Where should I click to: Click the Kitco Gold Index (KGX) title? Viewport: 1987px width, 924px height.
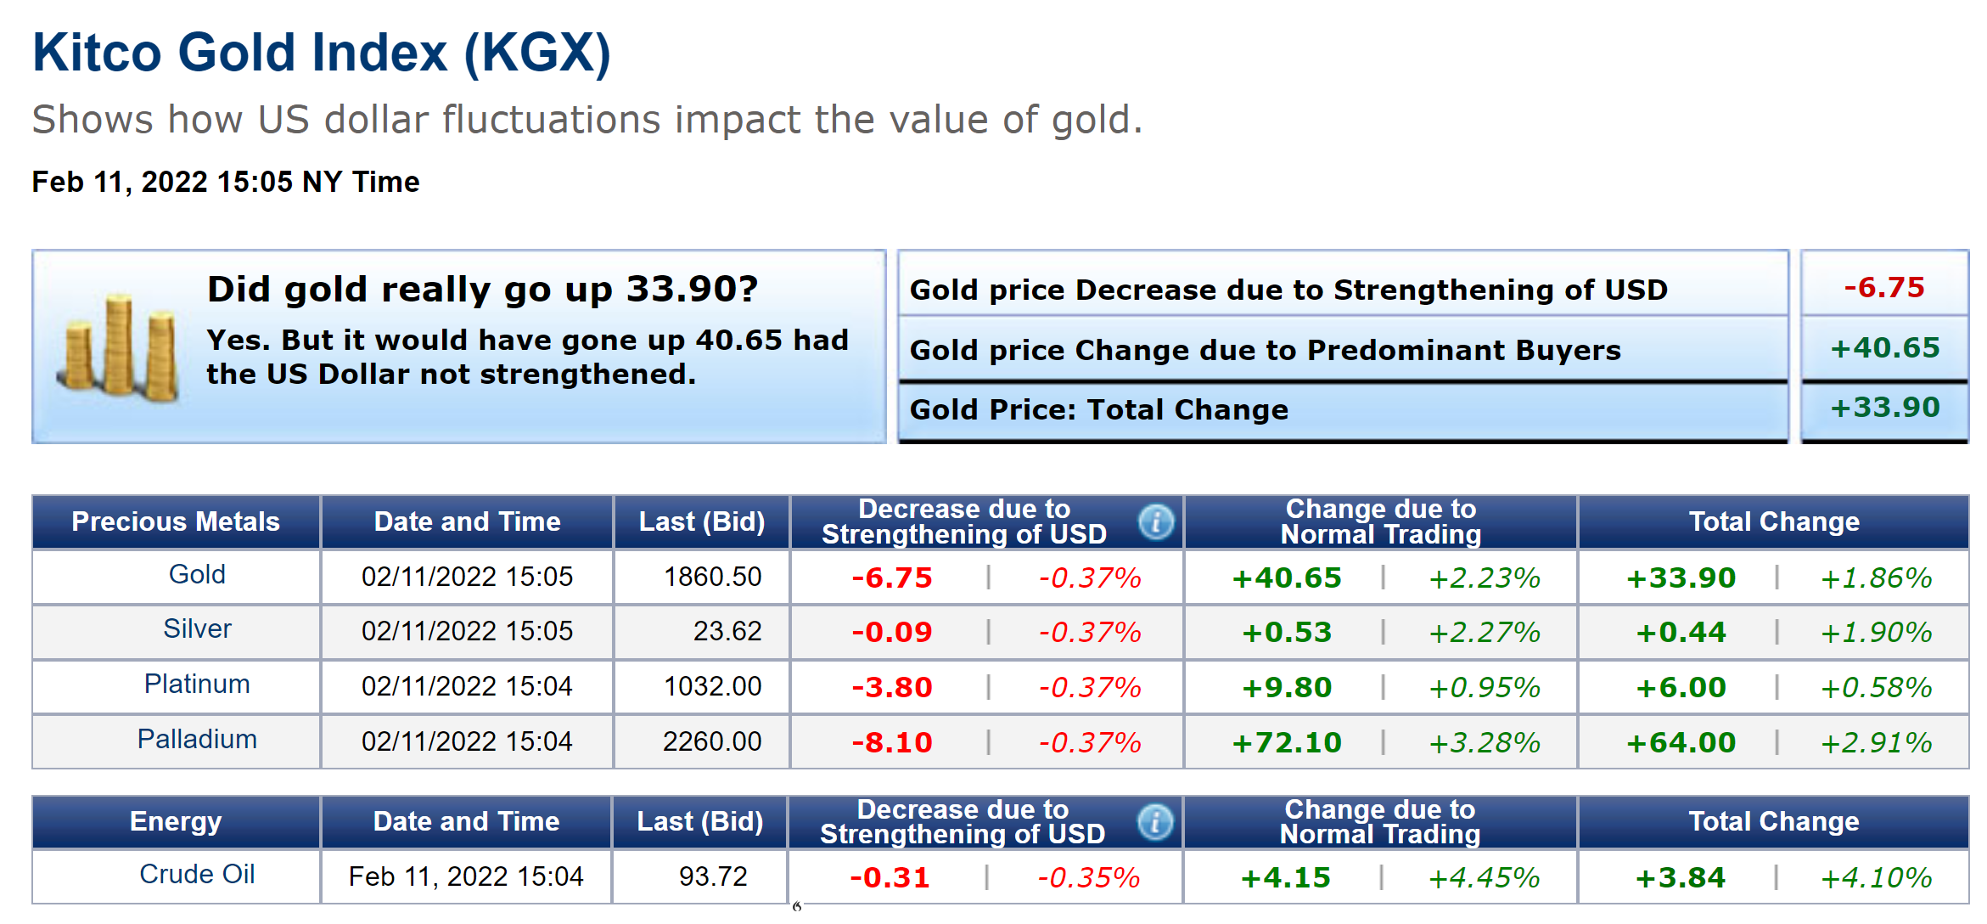click(322, 53)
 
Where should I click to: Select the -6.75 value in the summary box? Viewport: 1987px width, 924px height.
click(1883, 288)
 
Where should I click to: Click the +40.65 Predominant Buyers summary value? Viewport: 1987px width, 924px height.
click(1884, 348)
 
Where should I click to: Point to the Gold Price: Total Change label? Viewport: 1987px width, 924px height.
click(1098, 410)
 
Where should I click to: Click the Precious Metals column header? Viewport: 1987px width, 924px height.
click(176, 521)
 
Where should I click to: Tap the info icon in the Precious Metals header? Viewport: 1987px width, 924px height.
click(1156, 521)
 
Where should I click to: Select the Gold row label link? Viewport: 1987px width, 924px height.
click(197, 575)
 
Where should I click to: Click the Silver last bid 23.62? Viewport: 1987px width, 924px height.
click(727, 631)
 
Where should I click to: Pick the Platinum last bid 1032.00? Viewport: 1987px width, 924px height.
click(712, 686)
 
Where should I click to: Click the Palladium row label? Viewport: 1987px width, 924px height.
click(197, 740)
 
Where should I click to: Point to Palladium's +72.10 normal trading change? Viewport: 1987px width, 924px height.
click(1286, 743)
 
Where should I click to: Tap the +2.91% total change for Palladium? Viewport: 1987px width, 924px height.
click(1876, 743)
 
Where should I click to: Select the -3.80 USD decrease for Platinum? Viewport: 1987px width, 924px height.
click(891, 687)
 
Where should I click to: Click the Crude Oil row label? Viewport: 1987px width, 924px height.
click(197, 875)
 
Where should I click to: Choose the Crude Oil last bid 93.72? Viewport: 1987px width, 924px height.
click(712, 876)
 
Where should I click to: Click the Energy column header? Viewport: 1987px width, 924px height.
click(176, 822)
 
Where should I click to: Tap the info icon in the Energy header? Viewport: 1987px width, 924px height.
click(1154, 822)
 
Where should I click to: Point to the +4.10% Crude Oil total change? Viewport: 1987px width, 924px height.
click(1876, 878)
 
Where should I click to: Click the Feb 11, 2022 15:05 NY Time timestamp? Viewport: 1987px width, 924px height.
click(226, 182)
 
